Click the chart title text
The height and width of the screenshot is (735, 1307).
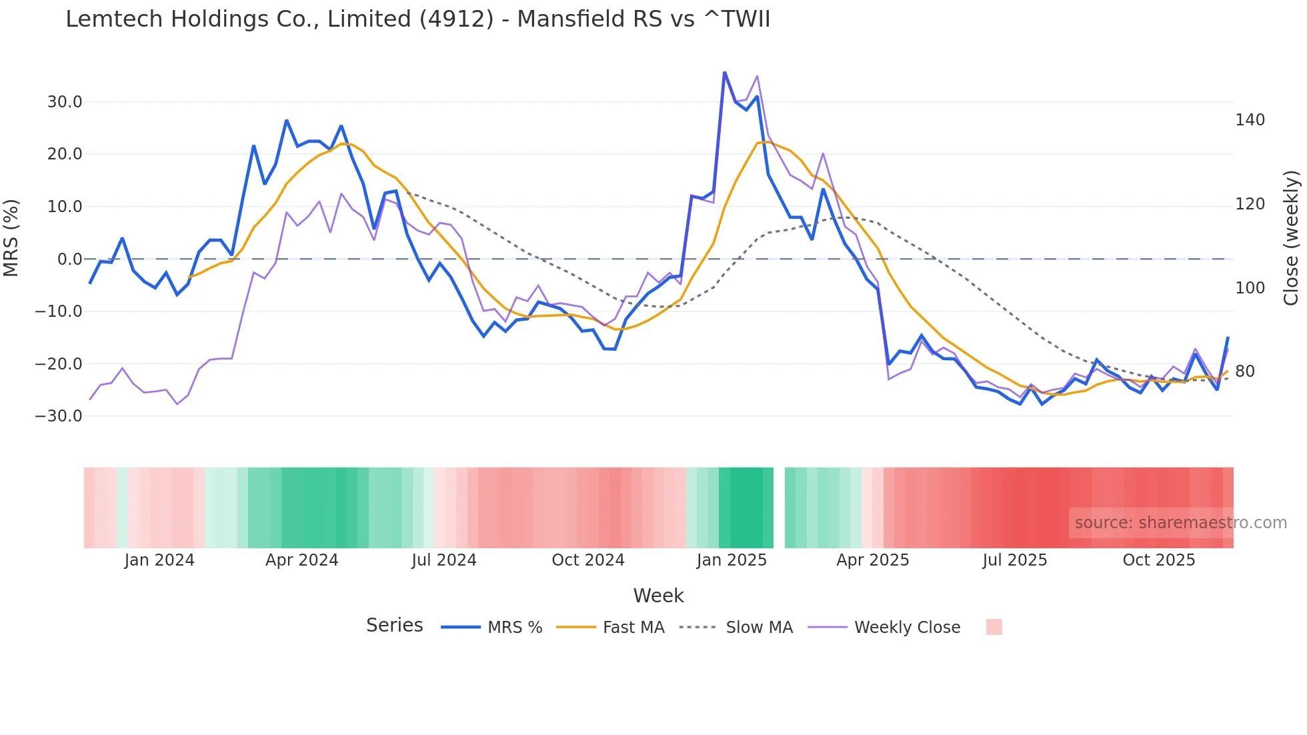coord(417,19)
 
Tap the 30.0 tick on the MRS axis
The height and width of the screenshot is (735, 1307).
coord(65,102)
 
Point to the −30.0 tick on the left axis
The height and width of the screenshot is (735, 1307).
coord(59,416)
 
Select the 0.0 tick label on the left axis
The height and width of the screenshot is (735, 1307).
coord(69,259)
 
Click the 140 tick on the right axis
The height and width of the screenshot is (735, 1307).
coord(1250,120)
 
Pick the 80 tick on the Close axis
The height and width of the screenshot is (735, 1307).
coord(1245,372)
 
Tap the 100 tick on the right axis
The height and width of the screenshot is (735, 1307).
coord(1250,288)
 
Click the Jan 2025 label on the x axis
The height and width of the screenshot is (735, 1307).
coord(732,560)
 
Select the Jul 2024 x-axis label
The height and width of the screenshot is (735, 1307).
coord(444,560)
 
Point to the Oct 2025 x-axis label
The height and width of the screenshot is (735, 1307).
coord(1159,560)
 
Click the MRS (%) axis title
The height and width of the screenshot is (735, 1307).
coord(11,237)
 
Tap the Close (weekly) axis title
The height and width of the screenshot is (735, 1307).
coord(1292,237)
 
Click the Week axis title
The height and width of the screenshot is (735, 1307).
coord(658,596)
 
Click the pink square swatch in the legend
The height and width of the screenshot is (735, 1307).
coord(994,627)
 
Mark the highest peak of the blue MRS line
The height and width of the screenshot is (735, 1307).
coord(724,73)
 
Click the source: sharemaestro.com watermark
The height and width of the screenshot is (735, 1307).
coord(1180,523)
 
